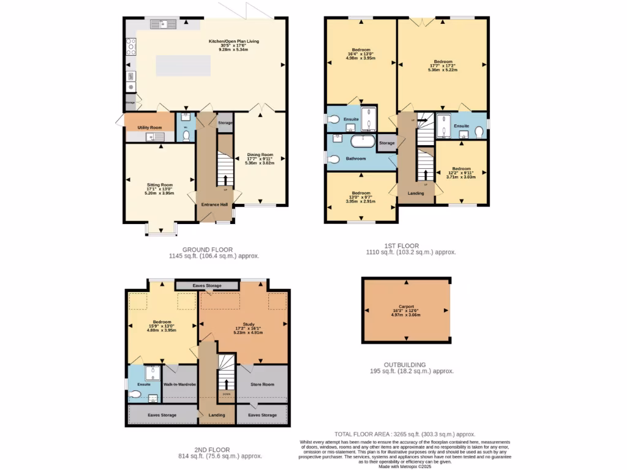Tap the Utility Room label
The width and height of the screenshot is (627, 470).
149,127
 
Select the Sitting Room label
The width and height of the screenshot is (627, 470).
159,184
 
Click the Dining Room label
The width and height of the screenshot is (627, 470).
260,155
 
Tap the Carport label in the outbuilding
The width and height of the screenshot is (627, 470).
406,307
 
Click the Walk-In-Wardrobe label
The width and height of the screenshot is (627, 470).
179,384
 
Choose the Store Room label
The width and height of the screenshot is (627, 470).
262,384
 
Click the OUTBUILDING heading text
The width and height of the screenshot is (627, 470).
406,364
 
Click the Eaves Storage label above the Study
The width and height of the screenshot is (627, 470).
207,286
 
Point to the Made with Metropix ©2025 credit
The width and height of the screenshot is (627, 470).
405,466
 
